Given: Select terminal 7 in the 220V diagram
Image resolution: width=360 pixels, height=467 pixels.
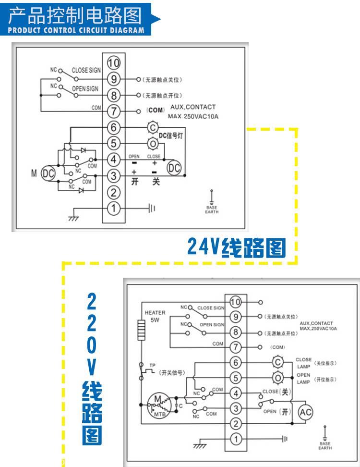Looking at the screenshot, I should pos(235,346).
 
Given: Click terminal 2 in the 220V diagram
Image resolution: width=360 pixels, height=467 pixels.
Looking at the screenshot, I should pos(235,423).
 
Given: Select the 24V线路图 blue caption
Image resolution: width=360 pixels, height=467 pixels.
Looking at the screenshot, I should pos(236,247).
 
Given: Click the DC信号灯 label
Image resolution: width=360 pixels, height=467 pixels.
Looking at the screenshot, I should pos(171,136).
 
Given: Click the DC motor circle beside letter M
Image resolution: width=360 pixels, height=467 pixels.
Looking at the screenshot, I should pos(48,173).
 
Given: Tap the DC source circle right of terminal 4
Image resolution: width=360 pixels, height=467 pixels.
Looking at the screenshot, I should pos(174,167).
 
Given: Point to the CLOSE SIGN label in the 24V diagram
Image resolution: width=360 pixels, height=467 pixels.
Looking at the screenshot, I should pos(86,70).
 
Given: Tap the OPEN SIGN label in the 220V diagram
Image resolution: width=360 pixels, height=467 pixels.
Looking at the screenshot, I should pos(212,325).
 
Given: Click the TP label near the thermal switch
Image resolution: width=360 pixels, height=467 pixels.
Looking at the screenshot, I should pos(153,365).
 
